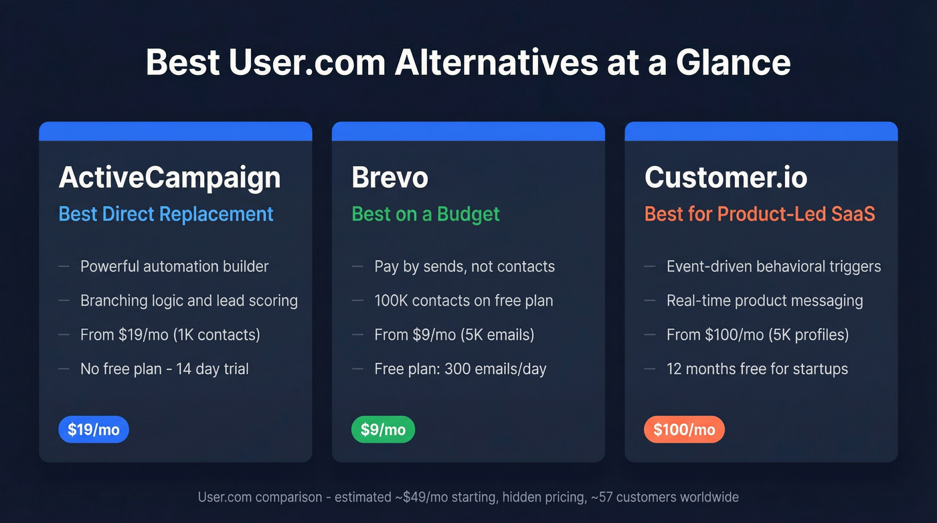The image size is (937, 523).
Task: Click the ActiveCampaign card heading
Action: pyautogui.click(x=169, y=177)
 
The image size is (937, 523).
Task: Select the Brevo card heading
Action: pyautogui.click(x=390, y=177)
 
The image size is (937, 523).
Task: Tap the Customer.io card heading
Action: pyautogui.click(x=726, y=177)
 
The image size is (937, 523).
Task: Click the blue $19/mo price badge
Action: pyautogui.click(x=94, y=430)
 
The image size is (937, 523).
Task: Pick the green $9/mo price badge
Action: pyautogui.click(x=383, y=430)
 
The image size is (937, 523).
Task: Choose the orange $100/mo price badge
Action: pyautogui.click(x=684, y=430)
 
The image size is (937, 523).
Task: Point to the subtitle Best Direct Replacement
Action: pyautogui.click(x=166, y=214)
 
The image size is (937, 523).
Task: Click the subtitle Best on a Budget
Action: pyautogui.click(x=426, y=214)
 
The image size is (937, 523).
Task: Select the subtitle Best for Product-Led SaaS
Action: pyautogui.click(x=760, y=214)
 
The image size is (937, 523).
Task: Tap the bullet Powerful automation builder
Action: pyautogui.click(x=174, y=267)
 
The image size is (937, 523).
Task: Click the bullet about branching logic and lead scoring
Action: pyautogui.click(x=189, y=301)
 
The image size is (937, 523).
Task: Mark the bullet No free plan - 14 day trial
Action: pyautogui.click(x=164, y=369)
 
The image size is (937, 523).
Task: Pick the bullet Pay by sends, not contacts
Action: pyautogui.click(x=464, y=267)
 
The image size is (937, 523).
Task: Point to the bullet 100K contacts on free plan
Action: pyautogui.click(x=463, y=301)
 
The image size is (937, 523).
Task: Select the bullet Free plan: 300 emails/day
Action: pyautogui.click(x=460, y=369)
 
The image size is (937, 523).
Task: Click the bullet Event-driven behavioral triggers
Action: pyautogui.click(x=773, y=267)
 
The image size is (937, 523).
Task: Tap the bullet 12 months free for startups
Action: pyautogui.click(x=757, y=369)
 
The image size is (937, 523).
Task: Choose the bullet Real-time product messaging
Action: pyautogui.click(x=764, y=301)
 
